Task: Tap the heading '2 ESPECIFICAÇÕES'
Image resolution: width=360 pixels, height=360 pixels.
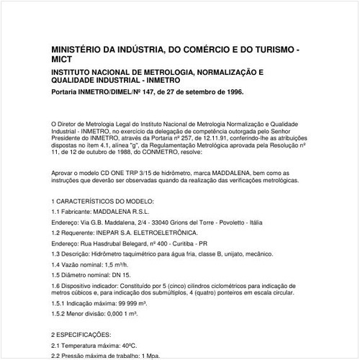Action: point(81,335)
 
